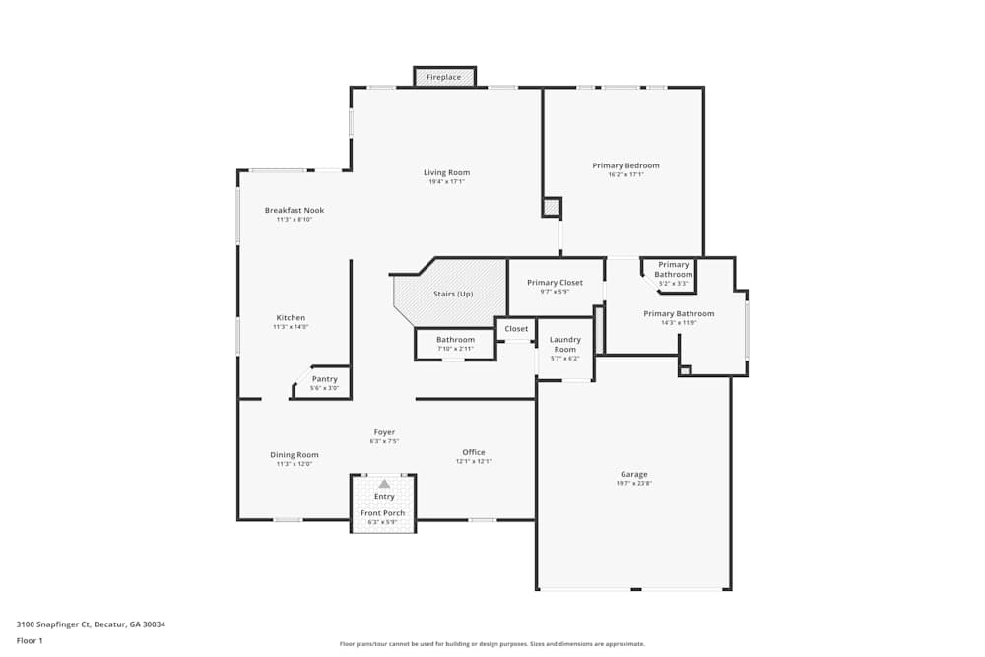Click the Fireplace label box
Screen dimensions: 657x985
(x=443, y=77)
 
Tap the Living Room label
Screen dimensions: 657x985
(x=446, y=172)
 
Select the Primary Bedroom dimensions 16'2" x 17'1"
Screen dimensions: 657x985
(x=625, y=175)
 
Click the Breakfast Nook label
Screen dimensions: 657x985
(x=294, y=210)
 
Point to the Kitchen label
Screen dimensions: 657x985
(x=291, y=317)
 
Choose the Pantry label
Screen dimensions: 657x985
(x=324, y=379)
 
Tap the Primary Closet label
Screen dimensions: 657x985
(x=555, y=282)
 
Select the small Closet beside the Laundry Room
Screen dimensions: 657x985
(x=516, y=329)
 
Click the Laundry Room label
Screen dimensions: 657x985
(x=564, y=344)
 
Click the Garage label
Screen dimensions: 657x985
(x=633, y=474)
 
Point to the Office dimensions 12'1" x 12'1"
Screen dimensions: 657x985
(x=473, y=461)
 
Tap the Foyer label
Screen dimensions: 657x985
(x=384, y=431)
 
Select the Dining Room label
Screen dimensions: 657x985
(x=295, y=454)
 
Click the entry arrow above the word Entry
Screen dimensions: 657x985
(x=384, y=484)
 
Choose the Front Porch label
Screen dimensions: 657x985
(x=383, y=513)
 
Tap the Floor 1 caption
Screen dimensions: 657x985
(x=30, y=640)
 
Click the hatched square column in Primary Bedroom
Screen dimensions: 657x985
(x=551, y=208)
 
